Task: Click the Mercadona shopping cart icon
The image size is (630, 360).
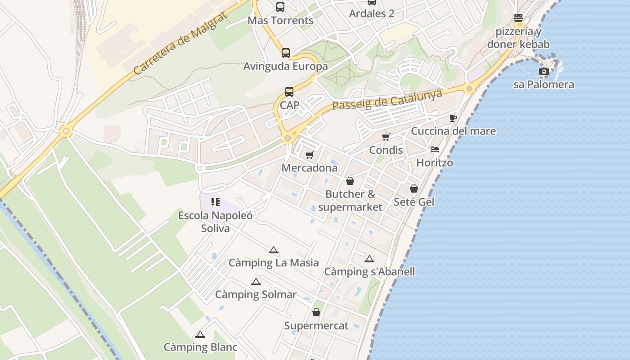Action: pyautogui.click(x=309, y=155)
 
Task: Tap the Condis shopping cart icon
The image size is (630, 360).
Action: pyautogui.click(x=386, y=137)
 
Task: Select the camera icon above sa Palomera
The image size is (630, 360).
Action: pyautogui.click(x=544, y=71)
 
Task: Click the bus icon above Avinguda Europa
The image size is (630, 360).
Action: pyautogui.click(x=286, y=53)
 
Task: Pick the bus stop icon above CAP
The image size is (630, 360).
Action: pyautogui.click(x=289, y=92)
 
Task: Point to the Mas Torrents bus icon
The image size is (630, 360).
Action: pyautogui.click(x=280, y=7)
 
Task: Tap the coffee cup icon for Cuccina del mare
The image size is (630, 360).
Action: pyautogui.click(x=453, y=118)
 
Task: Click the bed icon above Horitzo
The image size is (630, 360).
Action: pyautogui.click(x=434, y=149)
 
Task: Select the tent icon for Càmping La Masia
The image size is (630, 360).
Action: pyautogui.click(x=273, y=250)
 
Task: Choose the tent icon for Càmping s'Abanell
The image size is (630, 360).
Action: pyautogui.click(x=369, y=259)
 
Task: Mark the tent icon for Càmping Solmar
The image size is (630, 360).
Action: pyautogui.click(x=256, y=282)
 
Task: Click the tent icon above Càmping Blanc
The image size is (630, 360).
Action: pyautogui.click(x=200, y=334)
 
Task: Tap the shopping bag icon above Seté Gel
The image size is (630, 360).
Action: pyautogui.click(x=414, y=189)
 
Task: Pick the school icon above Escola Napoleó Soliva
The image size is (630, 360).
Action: pyautogui.click(x=216, y=202)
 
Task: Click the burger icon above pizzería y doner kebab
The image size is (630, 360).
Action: pyautogui.click(x=518, y=18)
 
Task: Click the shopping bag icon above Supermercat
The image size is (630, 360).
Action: pyautogui.click(x=316, y=312)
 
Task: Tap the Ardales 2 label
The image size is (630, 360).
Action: pyautogui.click(x=372, y=13)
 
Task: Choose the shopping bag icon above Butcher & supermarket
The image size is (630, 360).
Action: pyautogui.click(x=350, y=181)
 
